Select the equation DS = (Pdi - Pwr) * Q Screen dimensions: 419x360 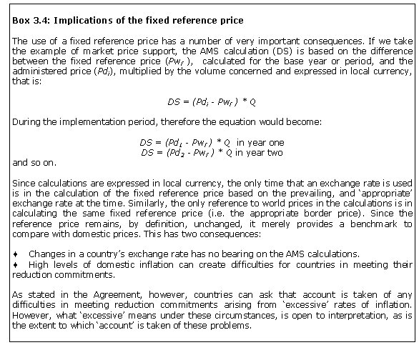[207, 102]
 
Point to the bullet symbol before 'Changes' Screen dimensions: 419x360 [16, 254]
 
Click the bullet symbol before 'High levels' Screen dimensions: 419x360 [16, 264]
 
